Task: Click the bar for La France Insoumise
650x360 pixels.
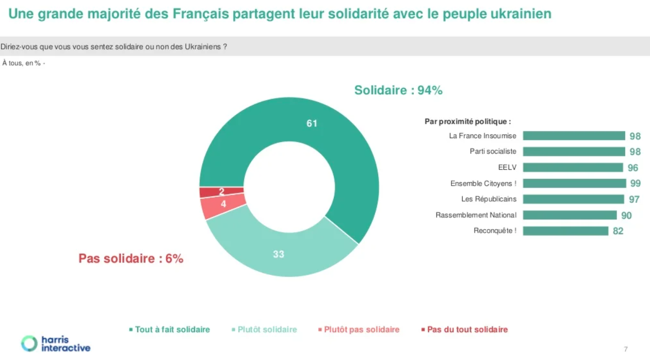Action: [x=574, y=136]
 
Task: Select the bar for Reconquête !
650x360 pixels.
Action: [x=565, y=231]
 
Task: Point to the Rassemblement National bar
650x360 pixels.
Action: [x=570, y=215]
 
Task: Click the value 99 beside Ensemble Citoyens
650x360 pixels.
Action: [x=635, y=184]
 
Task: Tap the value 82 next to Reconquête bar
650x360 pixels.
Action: [x=618, y=231]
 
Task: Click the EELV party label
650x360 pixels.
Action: [x=507, y=168]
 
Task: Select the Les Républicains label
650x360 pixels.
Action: [x=489, y=199]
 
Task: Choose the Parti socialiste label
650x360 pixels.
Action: [x=493, y=152]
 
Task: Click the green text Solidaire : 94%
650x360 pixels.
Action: [x=398, y=90]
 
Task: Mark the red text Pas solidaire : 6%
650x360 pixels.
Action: [x=131, y=258]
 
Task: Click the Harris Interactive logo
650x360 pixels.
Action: [x=56, y=343]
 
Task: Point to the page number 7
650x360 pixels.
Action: [x=626, y=349]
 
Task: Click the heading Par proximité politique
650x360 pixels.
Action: [x=468, y=122]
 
